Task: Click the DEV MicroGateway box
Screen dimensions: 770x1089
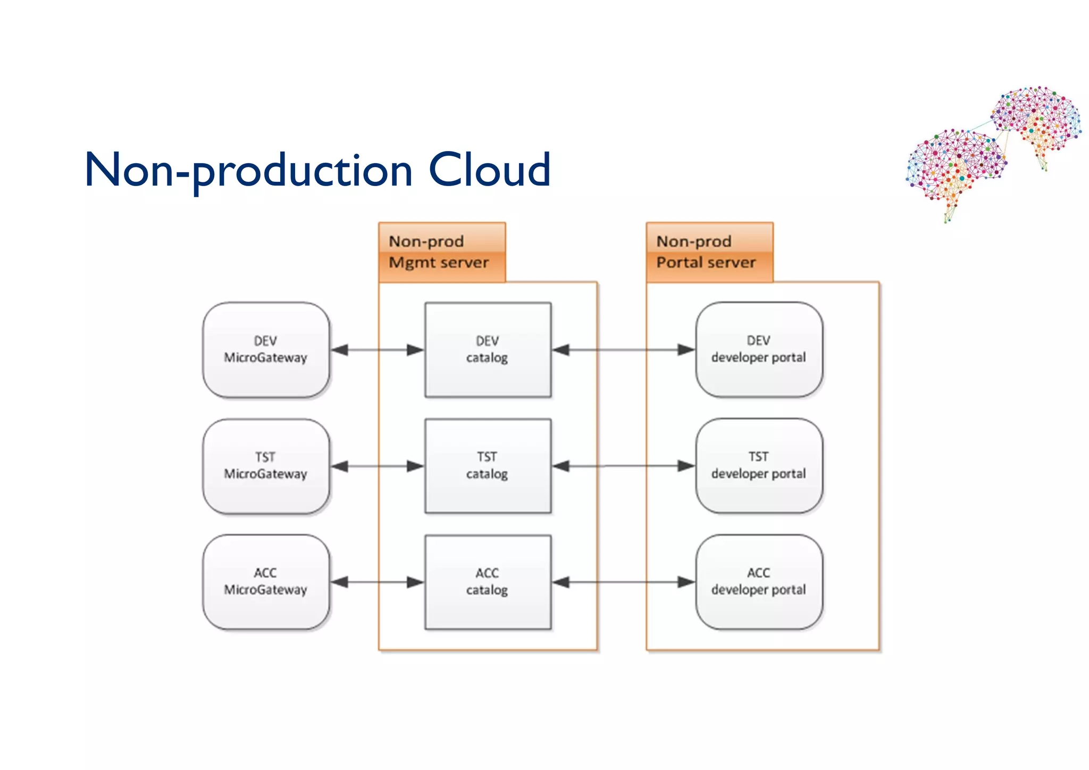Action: tap(265, 350)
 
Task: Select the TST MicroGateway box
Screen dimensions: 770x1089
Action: tap(265, 466)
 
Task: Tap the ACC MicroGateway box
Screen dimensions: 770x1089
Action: tap(265, 582)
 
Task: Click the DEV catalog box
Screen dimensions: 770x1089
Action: tap(487, 350)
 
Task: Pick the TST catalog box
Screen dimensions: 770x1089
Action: tap(487, 466)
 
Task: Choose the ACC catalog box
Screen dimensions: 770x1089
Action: tap(487, 582)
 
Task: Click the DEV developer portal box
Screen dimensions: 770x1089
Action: tap(758, 350)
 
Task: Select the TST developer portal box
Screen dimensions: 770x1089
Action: tap(758, 466)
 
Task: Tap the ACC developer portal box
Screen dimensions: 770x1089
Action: tap(758, 582)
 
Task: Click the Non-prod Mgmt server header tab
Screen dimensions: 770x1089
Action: tap(441, 252)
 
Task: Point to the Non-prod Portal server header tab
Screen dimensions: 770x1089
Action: tap(709, 252)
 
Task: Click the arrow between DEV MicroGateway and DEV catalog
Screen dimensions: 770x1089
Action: tap(377, 350)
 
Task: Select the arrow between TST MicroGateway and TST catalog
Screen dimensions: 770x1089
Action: tap(377, 466)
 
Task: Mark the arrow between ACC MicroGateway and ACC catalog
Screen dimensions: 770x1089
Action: tap(377, 582)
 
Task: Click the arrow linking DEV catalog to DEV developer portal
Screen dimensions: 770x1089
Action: tap(623, 350)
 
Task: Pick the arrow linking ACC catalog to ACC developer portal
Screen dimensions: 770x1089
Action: tap(623, 582)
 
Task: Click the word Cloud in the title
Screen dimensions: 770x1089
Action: tap(489, 170)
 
